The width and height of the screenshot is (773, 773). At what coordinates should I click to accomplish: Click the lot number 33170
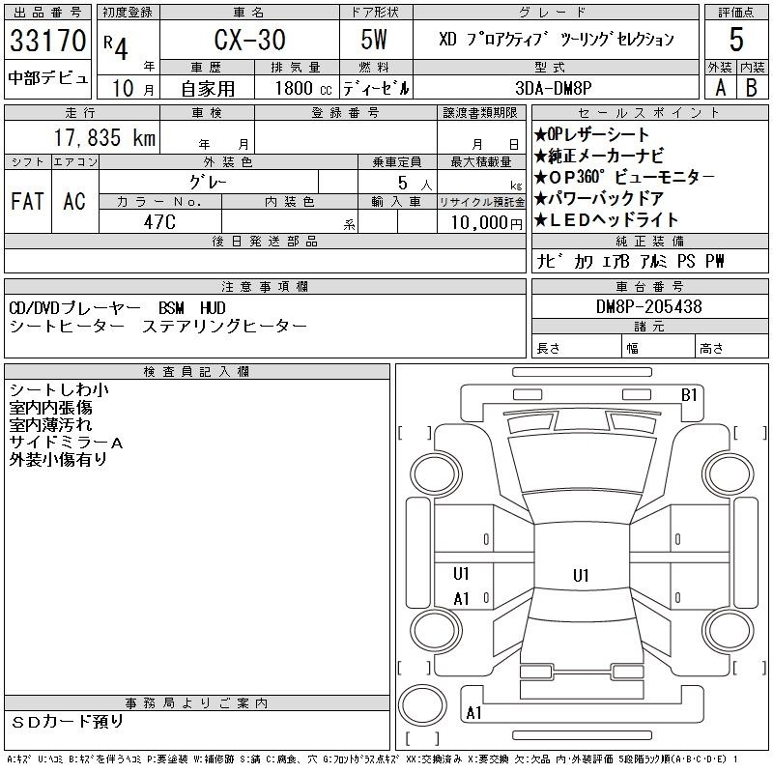[x=47, y=41]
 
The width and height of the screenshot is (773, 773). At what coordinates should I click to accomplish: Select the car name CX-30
[x=250, y=40]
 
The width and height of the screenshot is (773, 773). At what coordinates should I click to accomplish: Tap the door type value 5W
[x=374, y=40]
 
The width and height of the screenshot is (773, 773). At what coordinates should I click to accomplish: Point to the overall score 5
[x=736, y=40]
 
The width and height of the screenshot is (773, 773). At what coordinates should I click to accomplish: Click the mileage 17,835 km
[x=104, y=137]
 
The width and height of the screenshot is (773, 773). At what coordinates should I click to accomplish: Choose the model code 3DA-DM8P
[x=553, y=88]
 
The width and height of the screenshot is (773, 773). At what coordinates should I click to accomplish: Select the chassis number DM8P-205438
[x=648, y=306]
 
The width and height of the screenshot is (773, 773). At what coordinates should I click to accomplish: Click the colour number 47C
[x=159, y=222]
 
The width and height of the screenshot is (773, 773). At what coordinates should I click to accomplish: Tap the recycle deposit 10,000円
[x=487, y=223]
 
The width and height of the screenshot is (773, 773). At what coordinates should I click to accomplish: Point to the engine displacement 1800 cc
[x=303, y=88]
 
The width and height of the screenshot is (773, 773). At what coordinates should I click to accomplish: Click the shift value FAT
[x=27, y=201]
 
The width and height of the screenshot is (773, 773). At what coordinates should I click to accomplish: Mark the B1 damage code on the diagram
[x=689, y=395]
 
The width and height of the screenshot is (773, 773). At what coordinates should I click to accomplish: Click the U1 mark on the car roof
[x=581, y=575]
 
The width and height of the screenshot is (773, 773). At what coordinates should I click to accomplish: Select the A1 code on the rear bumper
[x=473, y=713]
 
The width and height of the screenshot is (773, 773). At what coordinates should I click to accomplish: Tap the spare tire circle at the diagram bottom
[x=422, y=704]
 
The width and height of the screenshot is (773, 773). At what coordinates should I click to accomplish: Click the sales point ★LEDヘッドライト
[x=606, y=220]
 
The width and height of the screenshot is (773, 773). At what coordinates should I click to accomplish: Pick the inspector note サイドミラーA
[x=66, y=443]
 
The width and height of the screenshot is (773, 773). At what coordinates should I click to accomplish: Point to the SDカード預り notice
[x=67, y=722]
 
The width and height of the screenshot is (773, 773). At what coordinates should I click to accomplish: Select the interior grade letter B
[x=752, y=88]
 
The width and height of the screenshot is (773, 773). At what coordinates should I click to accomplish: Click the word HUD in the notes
[x=213, y=308]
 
